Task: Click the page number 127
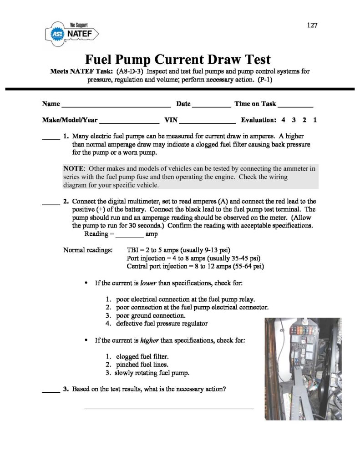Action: (312, 25)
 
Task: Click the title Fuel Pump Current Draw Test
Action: (178, 60)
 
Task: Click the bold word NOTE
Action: (73, 168)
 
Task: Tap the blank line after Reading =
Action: (129, 234)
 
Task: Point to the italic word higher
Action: (149, 340)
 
